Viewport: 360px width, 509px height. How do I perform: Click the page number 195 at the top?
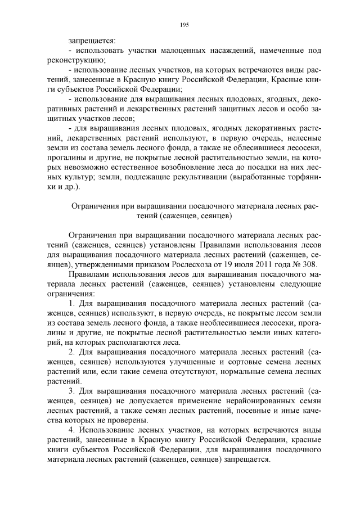tap(184, 25)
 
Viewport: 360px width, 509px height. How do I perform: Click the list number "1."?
tap(72, 304)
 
